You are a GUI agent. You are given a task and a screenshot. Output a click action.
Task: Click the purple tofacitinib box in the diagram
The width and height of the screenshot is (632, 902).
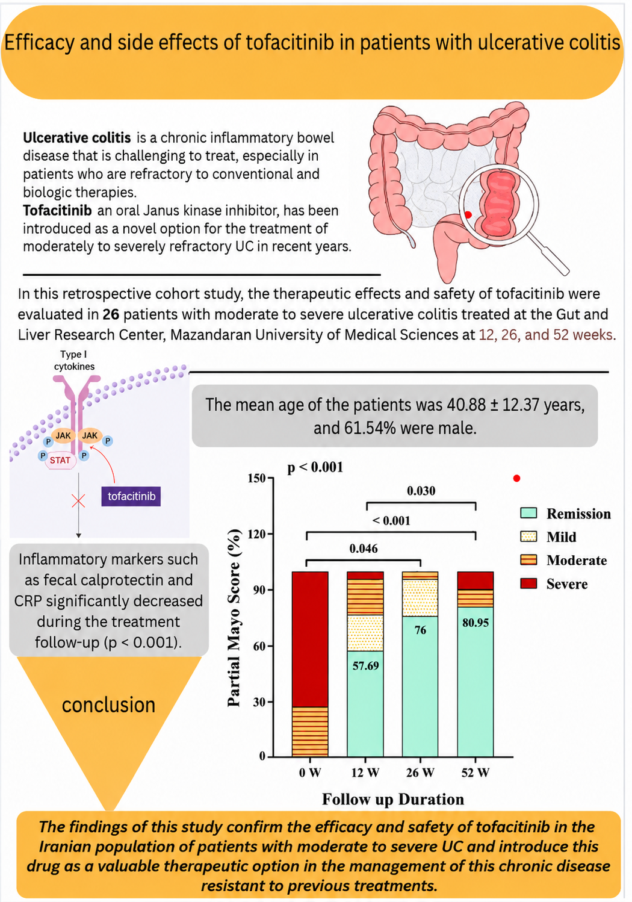pos(131,496)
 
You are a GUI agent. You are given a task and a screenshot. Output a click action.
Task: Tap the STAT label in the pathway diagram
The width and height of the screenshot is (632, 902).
pos(60,460)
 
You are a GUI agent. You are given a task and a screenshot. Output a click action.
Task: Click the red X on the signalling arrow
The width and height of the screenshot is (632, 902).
pos(78,502)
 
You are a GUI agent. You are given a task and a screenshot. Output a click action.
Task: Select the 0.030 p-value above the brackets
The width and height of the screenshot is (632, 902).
pos(421,491)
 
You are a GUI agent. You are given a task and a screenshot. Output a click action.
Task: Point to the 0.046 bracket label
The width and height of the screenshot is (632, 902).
pos(364,549)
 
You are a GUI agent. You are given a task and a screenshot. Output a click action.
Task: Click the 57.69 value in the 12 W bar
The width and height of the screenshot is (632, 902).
pos(365,665)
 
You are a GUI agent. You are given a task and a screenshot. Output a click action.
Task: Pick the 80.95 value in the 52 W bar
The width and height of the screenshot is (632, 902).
pos(476,623)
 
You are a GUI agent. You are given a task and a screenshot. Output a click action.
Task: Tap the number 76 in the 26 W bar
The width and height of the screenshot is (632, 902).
pos(420,630)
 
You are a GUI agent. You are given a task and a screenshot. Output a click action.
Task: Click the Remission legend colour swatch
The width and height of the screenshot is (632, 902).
pos(528,513)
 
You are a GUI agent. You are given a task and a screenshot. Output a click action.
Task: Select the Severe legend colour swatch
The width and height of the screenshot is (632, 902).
pos(528,583)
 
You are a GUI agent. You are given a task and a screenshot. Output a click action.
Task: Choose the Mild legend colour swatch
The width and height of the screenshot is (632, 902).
pos(528,537)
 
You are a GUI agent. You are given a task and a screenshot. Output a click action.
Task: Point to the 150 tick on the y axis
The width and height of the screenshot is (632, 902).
pos(257,478)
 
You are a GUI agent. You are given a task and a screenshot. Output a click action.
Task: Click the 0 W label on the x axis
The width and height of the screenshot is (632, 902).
pos(310,773)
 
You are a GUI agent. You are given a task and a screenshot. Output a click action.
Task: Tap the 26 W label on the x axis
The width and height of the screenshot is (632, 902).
pos(420,773)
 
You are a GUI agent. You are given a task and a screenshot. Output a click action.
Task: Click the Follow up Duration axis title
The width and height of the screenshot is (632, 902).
pos(393,799)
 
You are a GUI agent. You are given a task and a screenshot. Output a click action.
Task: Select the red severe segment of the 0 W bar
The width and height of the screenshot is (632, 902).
pos(310,639)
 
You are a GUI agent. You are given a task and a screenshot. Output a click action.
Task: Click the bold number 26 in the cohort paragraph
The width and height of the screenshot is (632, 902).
pos(111,314)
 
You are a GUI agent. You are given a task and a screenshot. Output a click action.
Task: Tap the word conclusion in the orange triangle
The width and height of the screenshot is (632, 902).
pos(108,704)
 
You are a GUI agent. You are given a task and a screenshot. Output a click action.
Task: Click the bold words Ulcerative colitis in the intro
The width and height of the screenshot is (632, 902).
pos(77,138)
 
